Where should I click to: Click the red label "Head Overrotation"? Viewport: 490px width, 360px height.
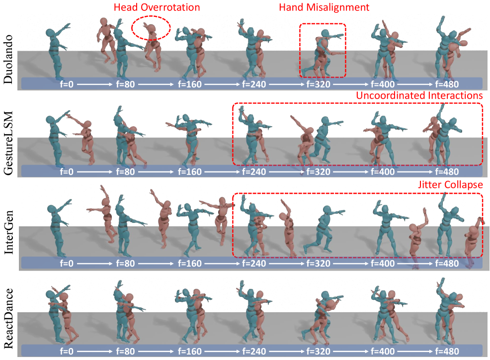pyautogui.click(x=157, y=7)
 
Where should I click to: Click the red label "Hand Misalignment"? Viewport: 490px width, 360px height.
pyautogui.click(x=324, y=7)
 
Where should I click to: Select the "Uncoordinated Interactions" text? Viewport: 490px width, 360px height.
pyautogui.click(x=419, y=95)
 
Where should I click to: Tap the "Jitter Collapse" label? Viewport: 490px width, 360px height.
pyautogui.click(x=450, y=185)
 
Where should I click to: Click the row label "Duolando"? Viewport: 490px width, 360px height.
pyautogui.click(x=8, y=59)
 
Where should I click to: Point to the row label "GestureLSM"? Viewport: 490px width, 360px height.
pyautogui.click(x=8, y=144)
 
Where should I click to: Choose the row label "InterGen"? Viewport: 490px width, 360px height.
pyautogui.click(x=8, y=232)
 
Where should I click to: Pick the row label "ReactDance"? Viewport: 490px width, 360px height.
pyautogui.click(x=8, y=318)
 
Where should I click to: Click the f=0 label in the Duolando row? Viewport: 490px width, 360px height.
pyautogui.click(x=67, y=84)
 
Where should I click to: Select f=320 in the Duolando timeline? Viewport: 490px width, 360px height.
pyautogui.click(x=318, y=84)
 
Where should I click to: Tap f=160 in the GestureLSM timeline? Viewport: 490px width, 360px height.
pyautogui.click(x=190, y=172)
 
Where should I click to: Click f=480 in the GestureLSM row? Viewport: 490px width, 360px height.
pyautogui.click(x=447, y=172)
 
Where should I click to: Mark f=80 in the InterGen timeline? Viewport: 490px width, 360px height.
pyautogui.click(x=125, y=264)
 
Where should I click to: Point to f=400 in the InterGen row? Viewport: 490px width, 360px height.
pyautogui.click(x=383, y=264)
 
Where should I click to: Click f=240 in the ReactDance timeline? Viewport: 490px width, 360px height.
pyautogui.click(x=254, y=351)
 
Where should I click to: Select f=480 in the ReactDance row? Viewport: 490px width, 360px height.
pyautogui.click(x=447, y=351)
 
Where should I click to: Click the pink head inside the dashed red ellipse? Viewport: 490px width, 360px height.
pyautogui.click(x=151, y=29)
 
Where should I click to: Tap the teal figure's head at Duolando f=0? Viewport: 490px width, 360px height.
pyautogui.click(x=50, y=33)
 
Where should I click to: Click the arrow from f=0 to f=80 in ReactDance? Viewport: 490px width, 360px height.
pyautogui.click(x=94, y=351)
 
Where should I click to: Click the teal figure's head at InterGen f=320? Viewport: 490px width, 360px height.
pyautogui.click(x=327, y=210)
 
